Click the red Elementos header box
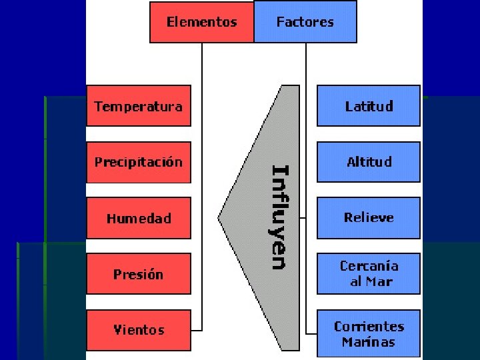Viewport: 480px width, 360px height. click(x=201, y=22)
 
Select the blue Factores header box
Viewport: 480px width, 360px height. click(x=305, y=22)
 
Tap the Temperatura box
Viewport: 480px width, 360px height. click(x=138, y=106)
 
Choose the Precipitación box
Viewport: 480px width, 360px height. click(x=138, y=162)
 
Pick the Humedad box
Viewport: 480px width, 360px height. click(x=138, y=218)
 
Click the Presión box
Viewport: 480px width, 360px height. click(x=138, y=274)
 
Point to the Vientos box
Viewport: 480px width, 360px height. click(x=138, y=330)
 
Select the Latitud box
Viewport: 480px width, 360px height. click(x=368, y=106)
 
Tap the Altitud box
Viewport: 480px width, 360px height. click(x=368, y=162)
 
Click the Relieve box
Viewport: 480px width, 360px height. click(x=368, y=218)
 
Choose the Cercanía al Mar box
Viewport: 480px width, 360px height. click(x=368, y=274)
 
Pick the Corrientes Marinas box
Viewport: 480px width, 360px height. click(x=368, y=334)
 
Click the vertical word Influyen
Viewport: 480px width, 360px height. click(x=279, y=217)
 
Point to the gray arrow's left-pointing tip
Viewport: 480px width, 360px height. click(x=221, y=217)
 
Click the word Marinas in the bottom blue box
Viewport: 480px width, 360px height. click(x=368, y=343)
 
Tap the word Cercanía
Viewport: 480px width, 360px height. click(x=369, y=266)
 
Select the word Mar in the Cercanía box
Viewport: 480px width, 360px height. click(x=379, y=282)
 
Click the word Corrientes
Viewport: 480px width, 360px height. click(x=369, y=327)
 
